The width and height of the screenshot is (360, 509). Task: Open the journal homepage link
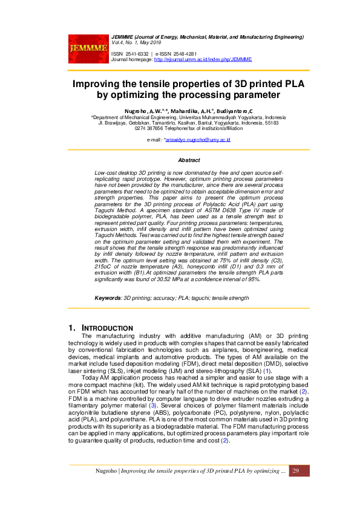pos(203,60)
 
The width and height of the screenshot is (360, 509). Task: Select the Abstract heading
pos(189,160)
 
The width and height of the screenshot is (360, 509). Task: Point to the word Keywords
pos(108,299)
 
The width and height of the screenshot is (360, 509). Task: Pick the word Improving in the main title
pos(102,83)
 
